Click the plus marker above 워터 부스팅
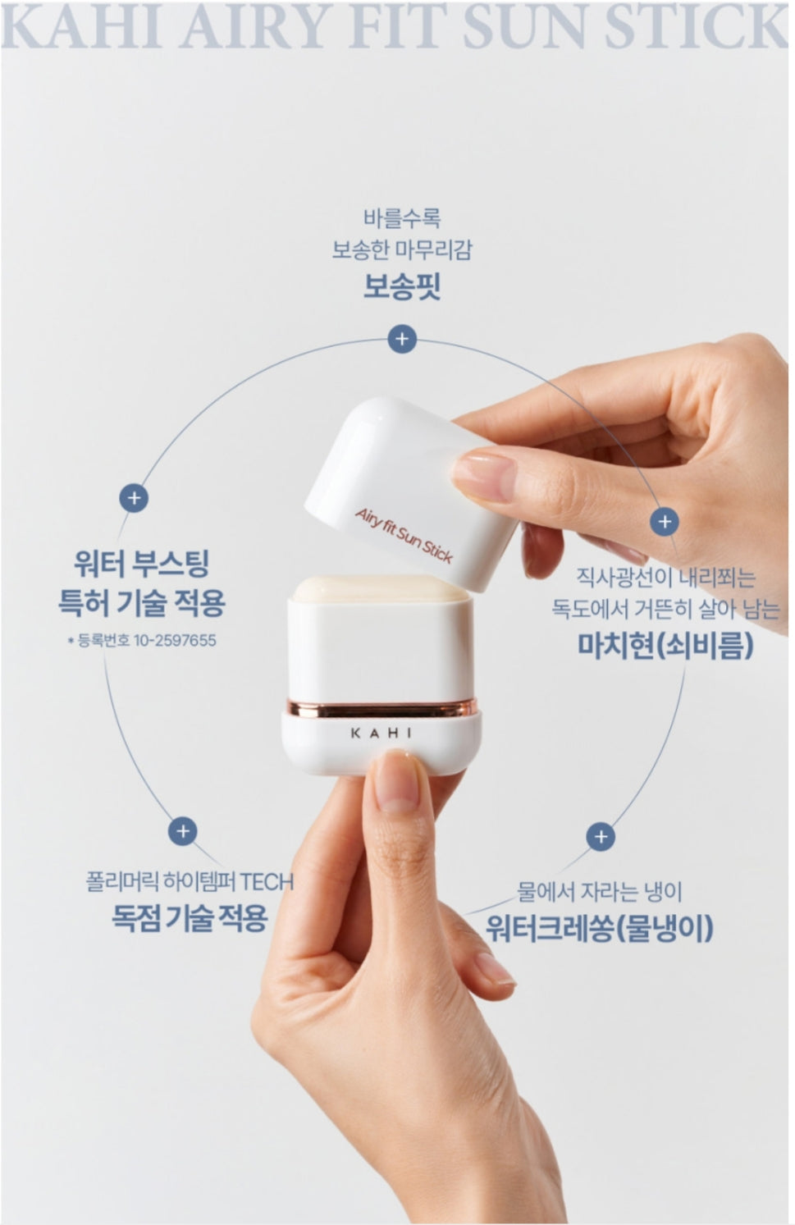(134, 498)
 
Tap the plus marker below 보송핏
(402, 339)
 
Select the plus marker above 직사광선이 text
(665, 521)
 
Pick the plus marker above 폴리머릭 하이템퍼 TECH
(183, 831)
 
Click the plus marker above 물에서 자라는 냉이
(601, 836)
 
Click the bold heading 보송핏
(402, 286)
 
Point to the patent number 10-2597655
(175, 640)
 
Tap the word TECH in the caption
(267, 881)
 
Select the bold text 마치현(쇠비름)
(665, 645)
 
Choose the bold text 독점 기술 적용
(190, 917)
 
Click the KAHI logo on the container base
(382, 733)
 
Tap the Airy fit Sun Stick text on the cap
(404, 536)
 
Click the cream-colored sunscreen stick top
(382, 588)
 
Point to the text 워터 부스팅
(142, 564)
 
